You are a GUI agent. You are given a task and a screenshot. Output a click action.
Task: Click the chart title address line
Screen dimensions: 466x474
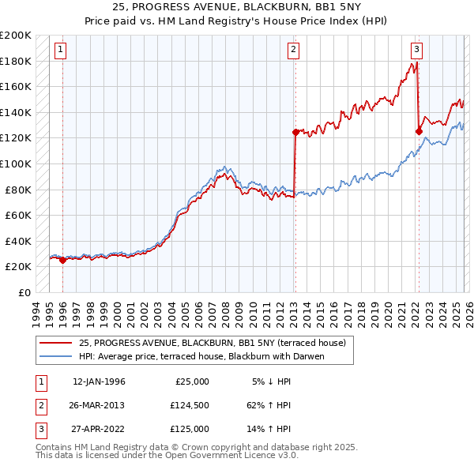[x=236, y=6]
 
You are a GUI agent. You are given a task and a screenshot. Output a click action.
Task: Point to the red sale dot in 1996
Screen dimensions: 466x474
[x=63, y=260]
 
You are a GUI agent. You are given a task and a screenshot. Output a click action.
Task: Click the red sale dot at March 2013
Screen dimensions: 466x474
[x=295, y=132]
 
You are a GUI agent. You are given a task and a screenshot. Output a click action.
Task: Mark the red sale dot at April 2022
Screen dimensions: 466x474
[x=419, y=131]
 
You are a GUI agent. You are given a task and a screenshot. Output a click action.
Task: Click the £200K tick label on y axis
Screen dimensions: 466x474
[x=16, y=36]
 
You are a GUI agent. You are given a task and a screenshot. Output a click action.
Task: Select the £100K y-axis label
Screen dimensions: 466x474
[x=16, y=163]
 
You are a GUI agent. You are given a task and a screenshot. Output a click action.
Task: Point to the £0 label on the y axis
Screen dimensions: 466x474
[x=24, y=292]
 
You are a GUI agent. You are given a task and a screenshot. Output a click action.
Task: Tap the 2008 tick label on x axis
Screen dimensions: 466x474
[x=228, y=312]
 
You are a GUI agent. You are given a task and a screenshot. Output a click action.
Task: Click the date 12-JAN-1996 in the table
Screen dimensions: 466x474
[x=99, y=381]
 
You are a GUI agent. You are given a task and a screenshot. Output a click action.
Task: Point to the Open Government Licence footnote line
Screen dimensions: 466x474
[x=167, y=456]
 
